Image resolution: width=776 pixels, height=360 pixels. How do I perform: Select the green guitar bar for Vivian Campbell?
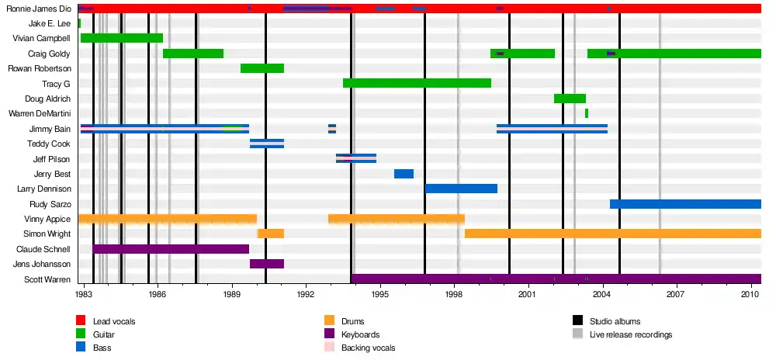[122, 38]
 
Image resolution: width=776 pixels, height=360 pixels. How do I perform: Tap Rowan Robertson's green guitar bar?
[262, 68]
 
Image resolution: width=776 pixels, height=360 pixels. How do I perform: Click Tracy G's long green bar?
[417, 83]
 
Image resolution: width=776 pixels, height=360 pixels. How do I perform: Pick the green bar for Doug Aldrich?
[570, 99]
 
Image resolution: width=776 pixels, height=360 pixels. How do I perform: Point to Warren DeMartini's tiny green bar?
[587, 113]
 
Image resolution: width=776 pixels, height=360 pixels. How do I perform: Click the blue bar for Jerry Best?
[404, 174]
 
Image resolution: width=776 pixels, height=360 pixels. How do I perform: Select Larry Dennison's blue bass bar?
[461, 189]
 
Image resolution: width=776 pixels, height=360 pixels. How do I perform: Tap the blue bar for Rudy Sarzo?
[685, 204]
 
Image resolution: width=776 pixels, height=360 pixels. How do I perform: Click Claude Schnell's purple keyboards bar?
[171, 249]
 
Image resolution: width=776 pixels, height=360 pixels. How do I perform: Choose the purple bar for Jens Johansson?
[267, 264]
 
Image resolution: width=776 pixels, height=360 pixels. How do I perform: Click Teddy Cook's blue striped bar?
[267, 144]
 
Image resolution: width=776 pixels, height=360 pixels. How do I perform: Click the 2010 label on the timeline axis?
[750, 296]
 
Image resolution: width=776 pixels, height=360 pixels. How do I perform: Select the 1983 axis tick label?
[85, 296]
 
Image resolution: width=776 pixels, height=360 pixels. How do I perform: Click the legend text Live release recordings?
[631, 334]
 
